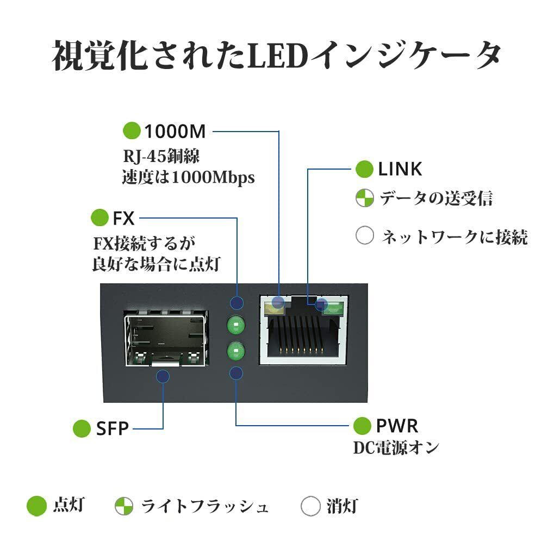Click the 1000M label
[x=175, y=132]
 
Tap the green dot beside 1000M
[x=132, y=130]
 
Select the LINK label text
[x=400, y=169]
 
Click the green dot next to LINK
[x=364, y=169]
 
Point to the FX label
[x=123, y=219]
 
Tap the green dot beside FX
[x=99, y=217]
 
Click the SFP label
[x=112, y=428]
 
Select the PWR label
[x=397, y=426]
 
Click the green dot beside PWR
[x=362, y=426]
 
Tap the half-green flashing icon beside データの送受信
[x=364, y=198]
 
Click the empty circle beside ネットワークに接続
[x=364, y=235]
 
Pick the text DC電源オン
[x=396, y=448]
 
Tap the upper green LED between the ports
[x=236, y=325]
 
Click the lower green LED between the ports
[x=236, y=351]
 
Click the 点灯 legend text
[x=69, y=506]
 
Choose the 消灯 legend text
[x=342, y=506]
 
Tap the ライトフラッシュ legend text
[x=205, y=506]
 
